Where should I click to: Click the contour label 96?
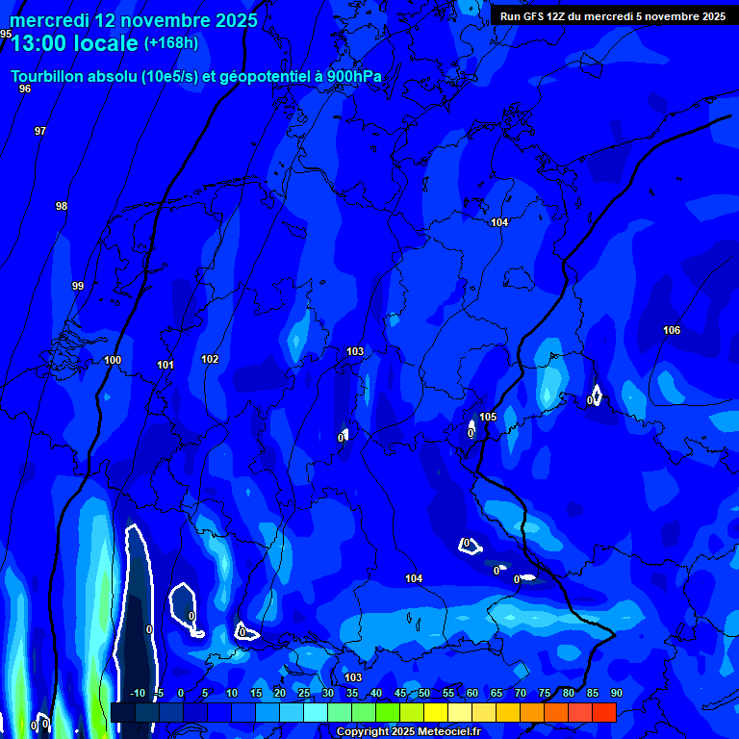tap(25, 89)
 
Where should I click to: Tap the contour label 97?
tap(40, 131)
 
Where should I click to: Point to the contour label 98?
tap(62, 206)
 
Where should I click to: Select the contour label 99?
tap(78, 286)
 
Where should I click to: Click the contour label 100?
tap(113, 360)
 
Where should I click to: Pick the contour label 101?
tap(166, 365)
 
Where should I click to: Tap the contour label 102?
tap(210, 359)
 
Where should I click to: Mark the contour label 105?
tap(488, 417)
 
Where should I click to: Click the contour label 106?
tap(672, 330)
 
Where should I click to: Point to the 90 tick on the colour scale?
tap(616, 693)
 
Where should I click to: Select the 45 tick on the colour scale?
tap(400, 693)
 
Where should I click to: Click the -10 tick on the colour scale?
tap(137, 693)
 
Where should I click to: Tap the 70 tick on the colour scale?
tap(520, 693)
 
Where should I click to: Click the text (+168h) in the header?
tap(171, 42)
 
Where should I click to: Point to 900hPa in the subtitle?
tap(354, 77)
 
